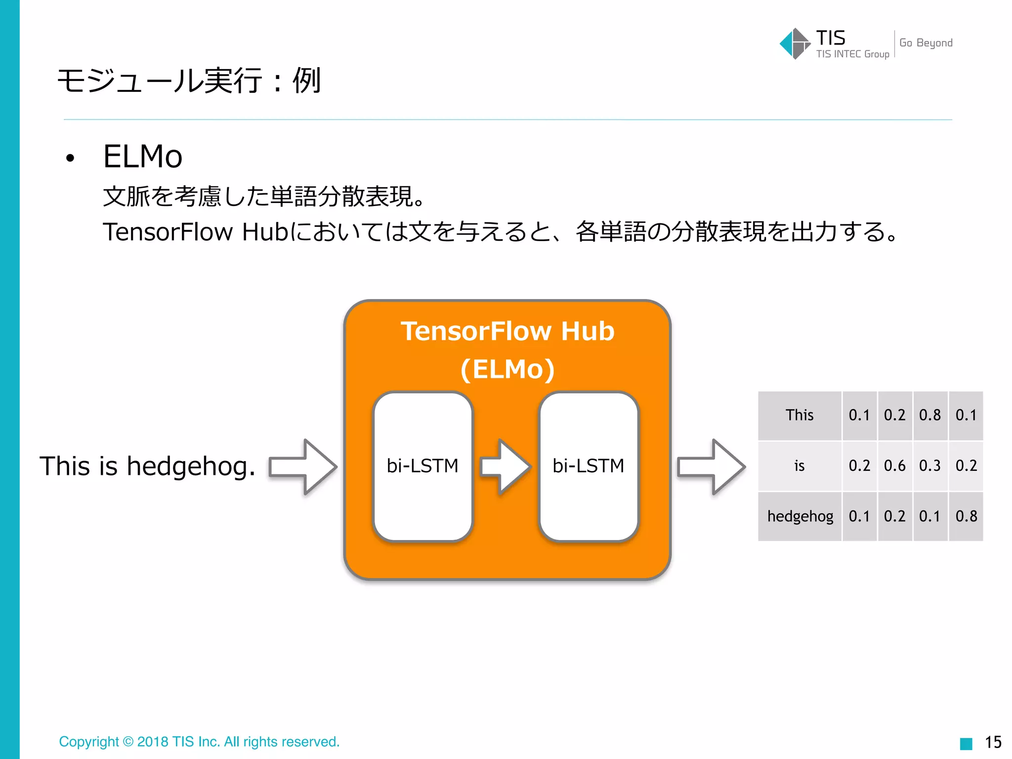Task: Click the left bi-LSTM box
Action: point(423,466)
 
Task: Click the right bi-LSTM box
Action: point(589,466)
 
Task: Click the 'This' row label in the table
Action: point(800,415)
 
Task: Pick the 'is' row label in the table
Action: point(800,466)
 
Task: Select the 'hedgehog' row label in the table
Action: point(800,516)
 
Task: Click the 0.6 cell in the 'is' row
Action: point(894,466)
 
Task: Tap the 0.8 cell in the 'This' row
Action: point(929,415)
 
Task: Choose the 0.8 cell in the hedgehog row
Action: point(966,516)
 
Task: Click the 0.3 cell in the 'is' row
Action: point(929,466)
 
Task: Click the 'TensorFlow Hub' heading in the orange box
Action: point(507,331)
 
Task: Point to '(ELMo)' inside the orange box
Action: point(507,369)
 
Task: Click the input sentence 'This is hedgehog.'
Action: point(148,466)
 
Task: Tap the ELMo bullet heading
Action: point(143,157)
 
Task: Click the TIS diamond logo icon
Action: point(794,43)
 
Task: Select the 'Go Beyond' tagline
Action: point(926,43)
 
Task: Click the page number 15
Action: point(993,742)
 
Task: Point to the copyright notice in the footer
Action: point(199,742)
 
